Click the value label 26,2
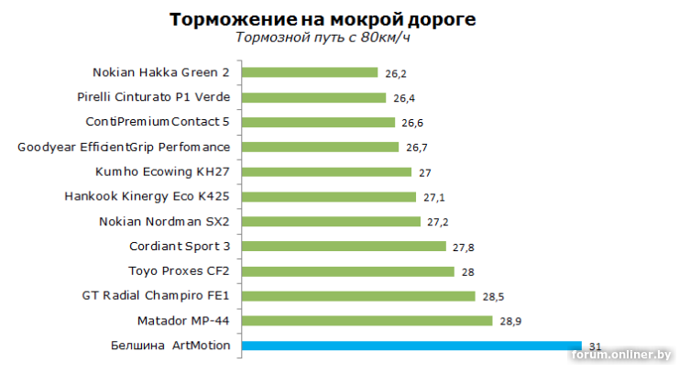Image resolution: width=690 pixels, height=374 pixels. point(396,73)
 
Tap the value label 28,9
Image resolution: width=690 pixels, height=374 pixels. point(510,322)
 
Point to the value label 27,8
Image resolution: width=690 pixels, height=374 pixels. point(463,247)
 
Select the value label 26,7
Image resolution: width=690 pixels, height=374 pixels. point(417,148)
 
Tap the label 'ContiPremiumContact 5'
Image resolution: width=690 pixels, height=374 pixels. point(158,122)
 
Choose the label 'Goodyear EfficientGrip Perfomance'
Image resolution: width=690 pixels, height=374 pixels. point(124,147)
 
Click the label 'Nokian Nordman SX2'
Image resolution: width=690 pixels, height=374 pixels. point(164,221)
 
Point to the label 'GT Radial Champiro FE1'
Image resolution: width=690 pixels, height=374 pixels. point(156,296)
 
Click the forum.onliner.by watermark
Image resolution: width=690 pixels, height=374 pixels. point(621,355)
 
